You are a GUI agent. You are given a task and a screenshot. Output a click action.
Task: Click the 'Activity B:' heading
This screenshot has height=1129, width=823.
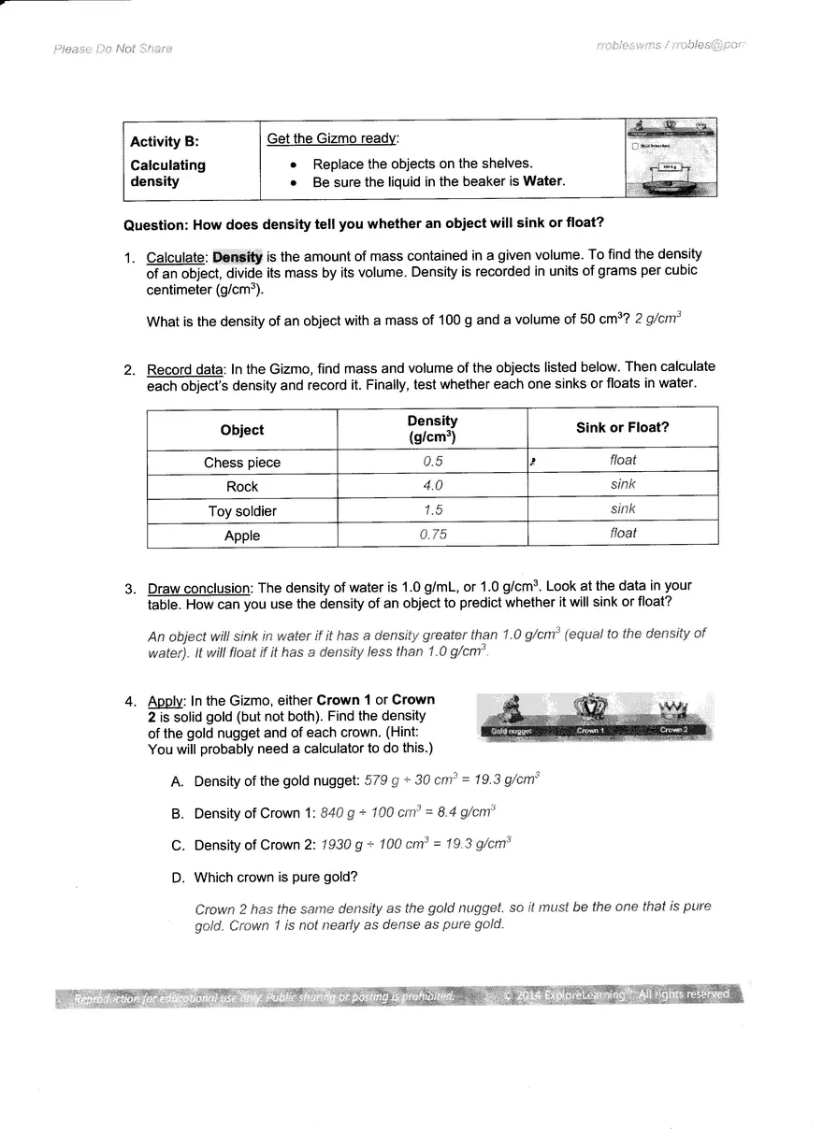165,142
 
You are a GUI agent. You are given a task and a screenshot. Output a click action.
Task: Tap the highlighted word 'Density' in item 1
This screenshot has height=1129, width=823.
238,255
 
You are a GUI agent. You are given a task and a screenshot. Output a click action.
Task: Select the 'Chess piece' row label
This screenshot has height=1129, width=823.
242,463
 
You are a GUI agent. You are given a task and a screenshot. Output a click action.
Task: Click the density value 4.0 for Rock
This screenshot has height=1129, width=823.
432,485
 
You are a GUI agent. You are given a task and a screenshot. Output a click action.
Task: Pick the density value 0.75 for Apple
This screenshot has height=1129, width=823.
432,534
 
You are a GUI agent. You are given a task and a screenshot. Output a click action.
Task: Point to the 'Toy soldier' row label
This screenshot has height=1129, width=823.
242,511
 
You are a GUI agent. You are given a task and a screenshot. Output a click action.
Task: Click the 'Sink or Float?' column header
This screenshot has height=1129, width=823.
622,428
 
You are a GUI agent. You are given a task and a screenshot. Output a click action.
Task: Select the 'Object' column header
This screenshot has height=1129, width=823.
242,430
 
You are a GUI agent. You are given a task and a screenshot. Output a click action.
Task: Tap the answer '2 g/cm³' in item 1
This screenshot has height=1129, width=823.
658,319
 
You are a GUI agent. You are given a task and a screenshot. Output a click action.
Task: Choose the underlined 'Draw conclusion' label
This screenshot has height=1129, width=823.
199,588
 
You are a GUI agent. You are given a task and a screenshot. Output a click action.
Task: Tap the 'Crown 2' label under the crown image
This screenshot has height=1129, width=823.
674,729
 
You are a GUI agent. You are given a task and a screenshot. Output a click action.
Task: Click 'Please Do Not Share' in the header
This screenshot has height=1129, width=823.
113,49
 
